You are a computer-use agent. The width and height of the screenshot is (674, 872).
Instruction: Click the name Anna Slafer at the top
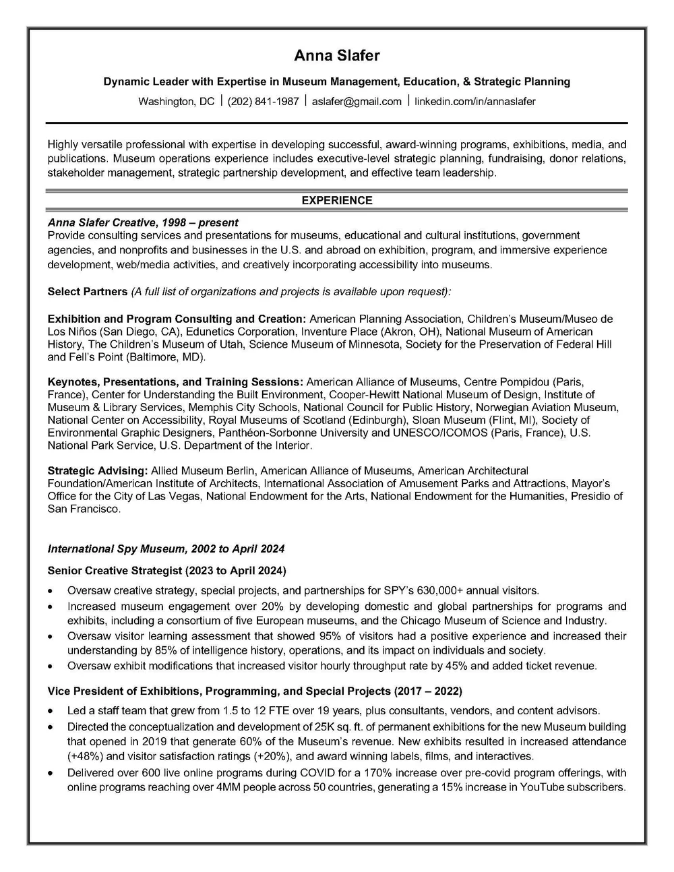point(336,55)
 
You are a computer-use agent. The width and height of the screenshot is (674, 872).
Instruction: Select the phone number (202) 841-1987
point(263,102)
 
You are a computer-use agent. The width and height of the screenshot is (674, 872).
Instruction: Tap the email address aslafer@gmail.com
point(357,102)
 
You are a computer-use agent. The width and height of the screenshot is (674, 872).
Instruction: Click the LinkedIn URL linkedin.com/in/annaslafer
point(474,102)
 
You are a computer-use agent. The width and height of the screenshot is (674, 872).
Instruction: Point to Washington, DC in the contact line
point(176,102)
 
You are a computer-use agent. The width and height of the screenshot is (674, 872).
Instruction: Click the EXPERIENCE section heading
point(336,200)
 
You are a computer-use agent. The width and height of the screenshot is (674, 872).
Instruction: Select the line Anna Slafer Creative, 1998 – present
point(143,222)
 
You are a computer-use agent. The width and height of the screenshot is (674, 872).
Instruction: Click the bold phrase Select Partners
point(88,292)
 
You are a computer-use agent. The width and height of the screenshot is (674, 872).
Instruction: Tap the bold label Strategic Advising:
point(98,470)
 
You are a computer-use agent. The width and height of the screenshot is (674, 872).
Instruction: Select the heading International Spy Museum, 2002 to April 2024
point(166,549)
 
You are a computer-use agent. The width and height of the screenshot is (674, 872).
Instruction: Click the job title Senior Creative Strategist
point(115,571)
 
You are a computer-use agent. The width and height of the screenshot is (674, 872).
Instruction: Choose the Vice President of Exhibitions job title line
point(255,691)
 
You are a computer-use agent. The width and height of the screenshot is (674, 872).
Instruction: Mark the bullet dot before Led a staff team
point(52,712)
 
